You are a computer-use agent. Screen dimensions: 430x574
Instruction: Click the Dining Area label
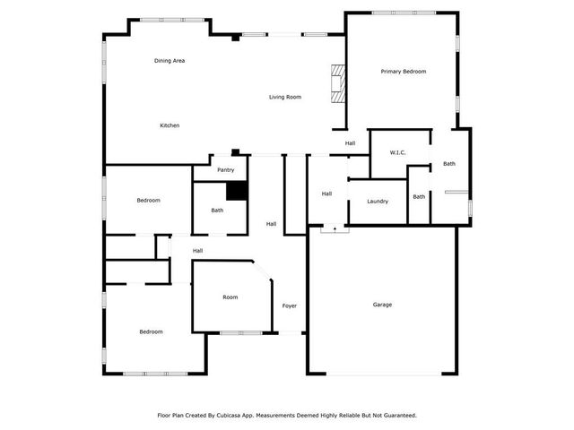(170, 60)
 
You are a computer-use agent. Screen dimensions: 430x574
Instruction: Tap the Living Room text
(284, 97)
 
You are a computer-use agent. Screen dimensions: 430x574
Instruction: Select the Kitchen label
(170, 125)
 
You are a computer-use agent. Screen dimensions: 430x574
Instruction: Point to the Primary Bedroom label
(403, 71)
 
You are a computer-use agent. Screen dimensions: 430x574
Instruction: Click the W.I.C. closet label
(398, 153)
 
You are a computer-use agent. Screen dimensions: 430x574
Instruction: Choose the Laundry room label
(378, 201)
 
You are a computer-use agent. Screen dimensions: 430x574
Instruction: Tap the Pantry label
(225, 169)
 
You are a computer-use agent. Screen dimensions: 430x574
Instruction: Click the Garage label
(382, 305)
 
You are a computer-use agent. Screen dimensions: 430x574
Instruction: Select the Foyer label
(290, 305)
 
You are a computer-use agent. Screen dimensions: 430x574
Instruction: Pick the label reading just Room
(230, 297)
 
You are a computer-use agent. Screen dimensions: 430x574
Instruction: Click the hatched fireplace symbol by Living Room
(337, 85)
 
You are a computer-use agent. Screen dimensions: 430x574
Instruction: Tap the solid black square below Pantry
(236, 191)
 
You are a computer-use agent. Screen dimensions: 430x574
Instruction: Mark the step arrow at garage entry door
(334, 229)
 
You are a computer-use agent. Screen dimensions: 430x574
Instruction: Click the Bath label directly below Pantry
(217, 211)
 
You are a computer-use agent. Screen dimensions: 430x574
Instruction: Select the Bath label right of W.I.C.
(448, 164)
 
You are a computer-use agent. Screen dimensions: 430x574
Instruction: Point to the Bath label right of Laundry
(419, 196)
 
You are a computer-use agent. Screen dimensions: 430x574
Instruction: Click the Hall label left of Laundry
(327, 193)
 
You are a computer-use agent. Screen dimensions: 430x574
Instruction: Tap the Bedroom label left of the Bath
(148, 200)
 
